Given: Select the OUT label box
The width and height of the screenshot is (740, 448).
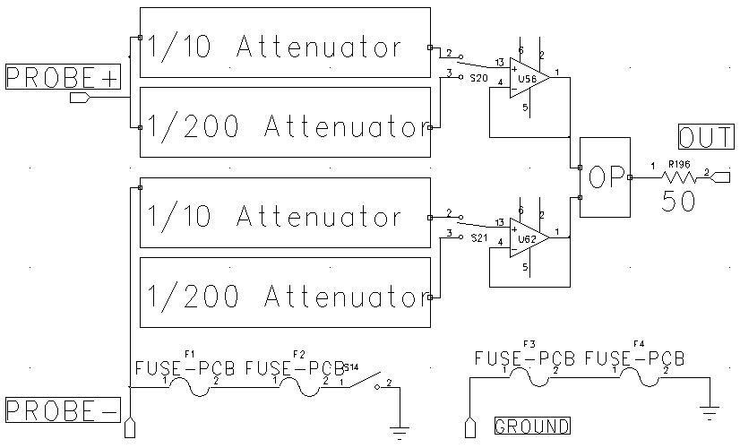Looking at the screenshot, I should [705, 137].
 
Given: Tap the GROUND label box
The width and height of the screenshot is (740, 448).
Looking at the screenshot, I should [531, 426].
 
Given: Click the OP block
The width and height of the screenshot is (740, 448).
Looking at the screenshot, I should [605, 177].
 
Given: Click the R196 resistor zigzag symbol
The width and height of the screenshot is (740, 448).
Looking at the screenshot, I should [679, 177].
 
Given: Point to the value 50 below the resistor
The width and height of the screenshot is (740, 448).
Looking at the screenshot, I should [678, 201].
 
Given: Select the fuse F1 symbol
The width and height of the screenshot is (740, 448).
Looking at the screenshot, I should [189, 383].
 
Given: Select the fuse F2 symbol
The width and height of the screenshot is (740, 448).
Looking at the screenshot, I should [298, 383].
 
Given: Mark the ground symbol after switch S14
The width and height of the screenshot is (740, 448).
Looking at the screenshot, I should [400, 429].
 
